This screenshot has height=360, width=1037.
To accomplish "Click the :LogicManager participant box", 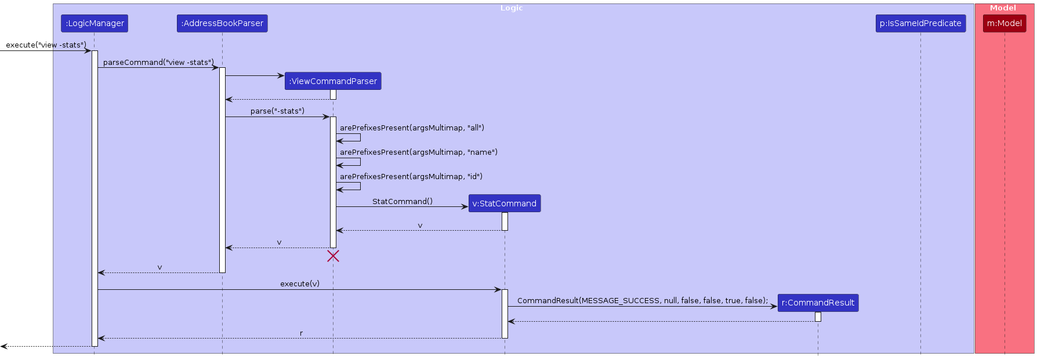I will click(95, 23).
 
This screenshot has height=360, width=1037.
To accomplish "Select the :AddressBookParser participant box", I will click(222, 23).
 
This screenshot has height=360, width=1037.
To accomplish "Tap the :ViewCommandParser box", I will click(333, 81).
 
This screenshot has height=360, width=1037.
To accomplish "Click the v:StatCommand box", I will click(505, 203).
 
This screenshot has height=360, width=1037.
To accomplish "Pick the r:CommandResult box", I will click(818, 303).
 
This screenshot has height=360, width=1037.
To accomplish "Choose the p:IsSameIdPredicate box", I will click(920, 23).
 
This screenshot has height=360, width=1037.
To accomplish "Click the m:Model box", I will click(1005, 23).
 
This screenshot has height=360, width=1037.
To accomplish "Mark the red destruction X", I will click(333, 256).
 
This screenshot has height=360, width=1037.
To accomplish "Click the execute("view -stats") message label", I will click(46, 45).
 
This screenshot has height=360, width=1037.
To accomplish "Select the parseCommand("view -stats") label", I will click(158, 62).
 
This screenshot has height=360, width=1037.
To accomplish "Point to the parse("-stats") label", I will click(277, 111).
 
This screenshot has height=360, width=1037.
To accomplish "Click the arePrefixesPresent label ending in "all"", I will click(412, 128).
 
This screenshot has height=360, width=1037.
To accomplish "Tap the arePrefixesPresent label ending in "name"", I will click(419, 152).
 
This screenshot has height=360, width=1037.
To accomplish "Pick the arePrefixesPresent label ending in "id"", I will click(411, 176).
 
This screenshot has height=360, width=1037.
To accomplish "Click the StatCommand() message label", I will click(403, 201).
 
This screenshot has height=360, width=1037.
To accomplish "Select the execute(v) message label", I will click(300, 283).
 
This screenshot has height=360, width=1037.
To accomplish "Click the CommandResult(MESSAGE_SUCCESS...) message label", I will click(643, 300).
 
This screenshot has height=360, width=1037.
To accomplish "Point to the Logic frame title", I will click(512, 8).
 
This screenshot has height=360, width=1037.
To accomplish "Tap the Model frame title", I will click(1003, 8).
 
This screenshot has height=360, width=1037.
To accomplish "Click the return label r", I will click(302, 333).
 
